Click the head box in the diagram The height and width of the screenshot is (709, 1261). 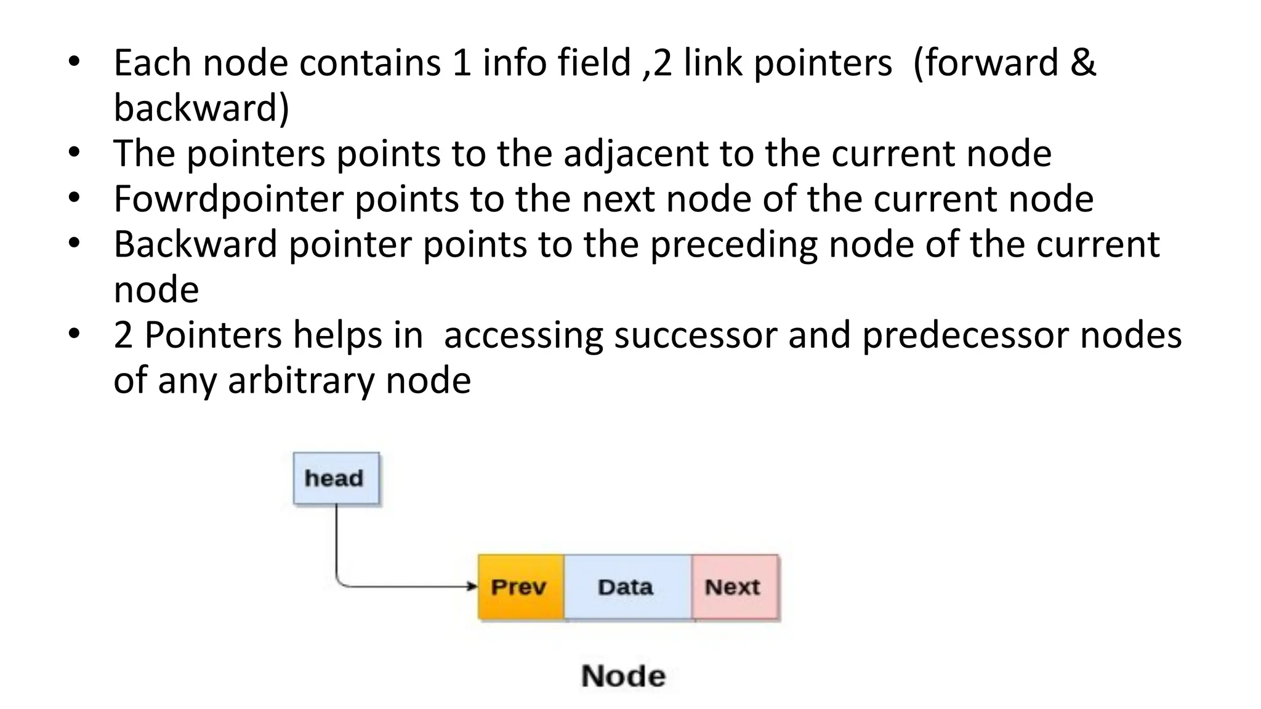(x=336, y=479)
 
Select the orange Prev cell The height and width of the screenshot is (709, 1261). (x=520, y=587)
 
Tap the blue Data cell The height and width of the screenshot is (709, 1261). (x=626, y=587)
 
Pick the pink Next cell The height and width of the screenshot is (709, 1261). (x=734, y=587)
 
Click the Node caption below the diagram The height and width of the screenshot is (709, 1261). (x=623, y=676)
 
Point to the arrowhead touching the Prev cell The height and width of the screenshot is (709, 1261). (x=472, y=587)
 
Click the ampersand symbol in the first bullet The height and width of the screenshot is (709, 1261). (x=1083, y=63)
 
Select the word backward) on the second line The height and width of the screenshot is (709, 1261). (x=201, y=108)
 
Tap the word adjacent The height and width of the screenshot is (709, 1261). (x=635, y=154)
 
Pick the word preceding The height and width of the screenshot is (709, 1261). (x=734, y=245)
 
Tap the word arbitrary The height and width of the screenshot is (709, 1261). (x=300, y=381)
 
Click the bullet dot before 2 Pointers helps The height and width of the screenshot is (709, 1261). (x=75, y=334)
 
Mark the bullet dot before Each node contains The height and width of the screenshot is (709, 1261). (x=75, y=62)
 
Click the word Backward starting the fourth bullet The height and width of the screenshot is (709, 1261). (x=195, y=244)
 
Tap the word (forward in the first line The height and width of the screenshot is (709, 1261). (x=985, y=63)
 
